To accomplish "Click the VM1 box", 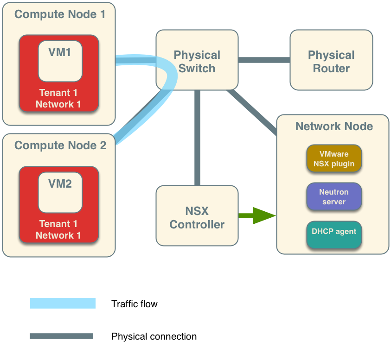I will [60, 61].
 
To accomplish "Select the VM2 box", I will [60, 192].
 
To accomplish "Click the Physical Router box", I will [331, 60].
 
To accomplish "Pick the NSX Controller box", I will [197, 216].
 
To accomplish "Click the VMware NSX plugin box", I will [333, 158].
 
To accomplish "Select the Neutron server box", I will [333, 196].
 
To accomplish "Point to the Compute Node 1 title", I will [60, 14].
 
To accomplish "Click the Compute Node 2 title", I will [60, 145].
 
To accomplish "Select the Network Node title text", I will [334, 126].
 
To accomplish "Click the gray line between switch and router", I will [264, 60].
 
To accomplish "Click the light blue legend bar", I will [63, 303].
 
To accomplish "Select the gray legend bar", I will [61, 336].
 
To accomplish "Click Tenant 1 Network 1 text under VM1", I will [58, 98].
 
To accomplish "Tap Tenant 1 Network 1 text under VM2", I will [58, 229].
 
